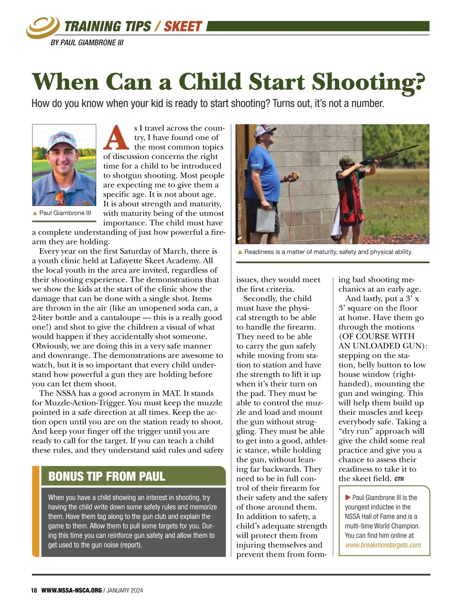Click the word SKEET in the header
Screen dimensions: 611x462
click(182, 27)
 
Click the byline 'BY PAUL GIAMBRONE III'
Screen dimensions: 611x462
click(87, 43)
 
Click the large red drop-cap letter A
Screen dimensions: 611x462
click(115, 138)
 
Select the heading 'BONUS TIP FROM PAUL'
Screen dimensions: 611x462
click(107, 476)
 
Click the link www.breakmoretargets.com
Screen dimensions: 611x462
click(383, 545)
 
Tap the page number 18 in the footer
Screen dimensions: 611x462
click(34, 590)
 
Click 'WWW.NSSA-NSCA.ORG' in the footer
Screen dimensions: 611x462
click(72, 590)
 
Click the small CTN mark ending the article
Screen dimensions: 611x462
click(399, 479)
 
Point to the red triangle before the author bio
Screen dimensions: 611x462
click(348, 497)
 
